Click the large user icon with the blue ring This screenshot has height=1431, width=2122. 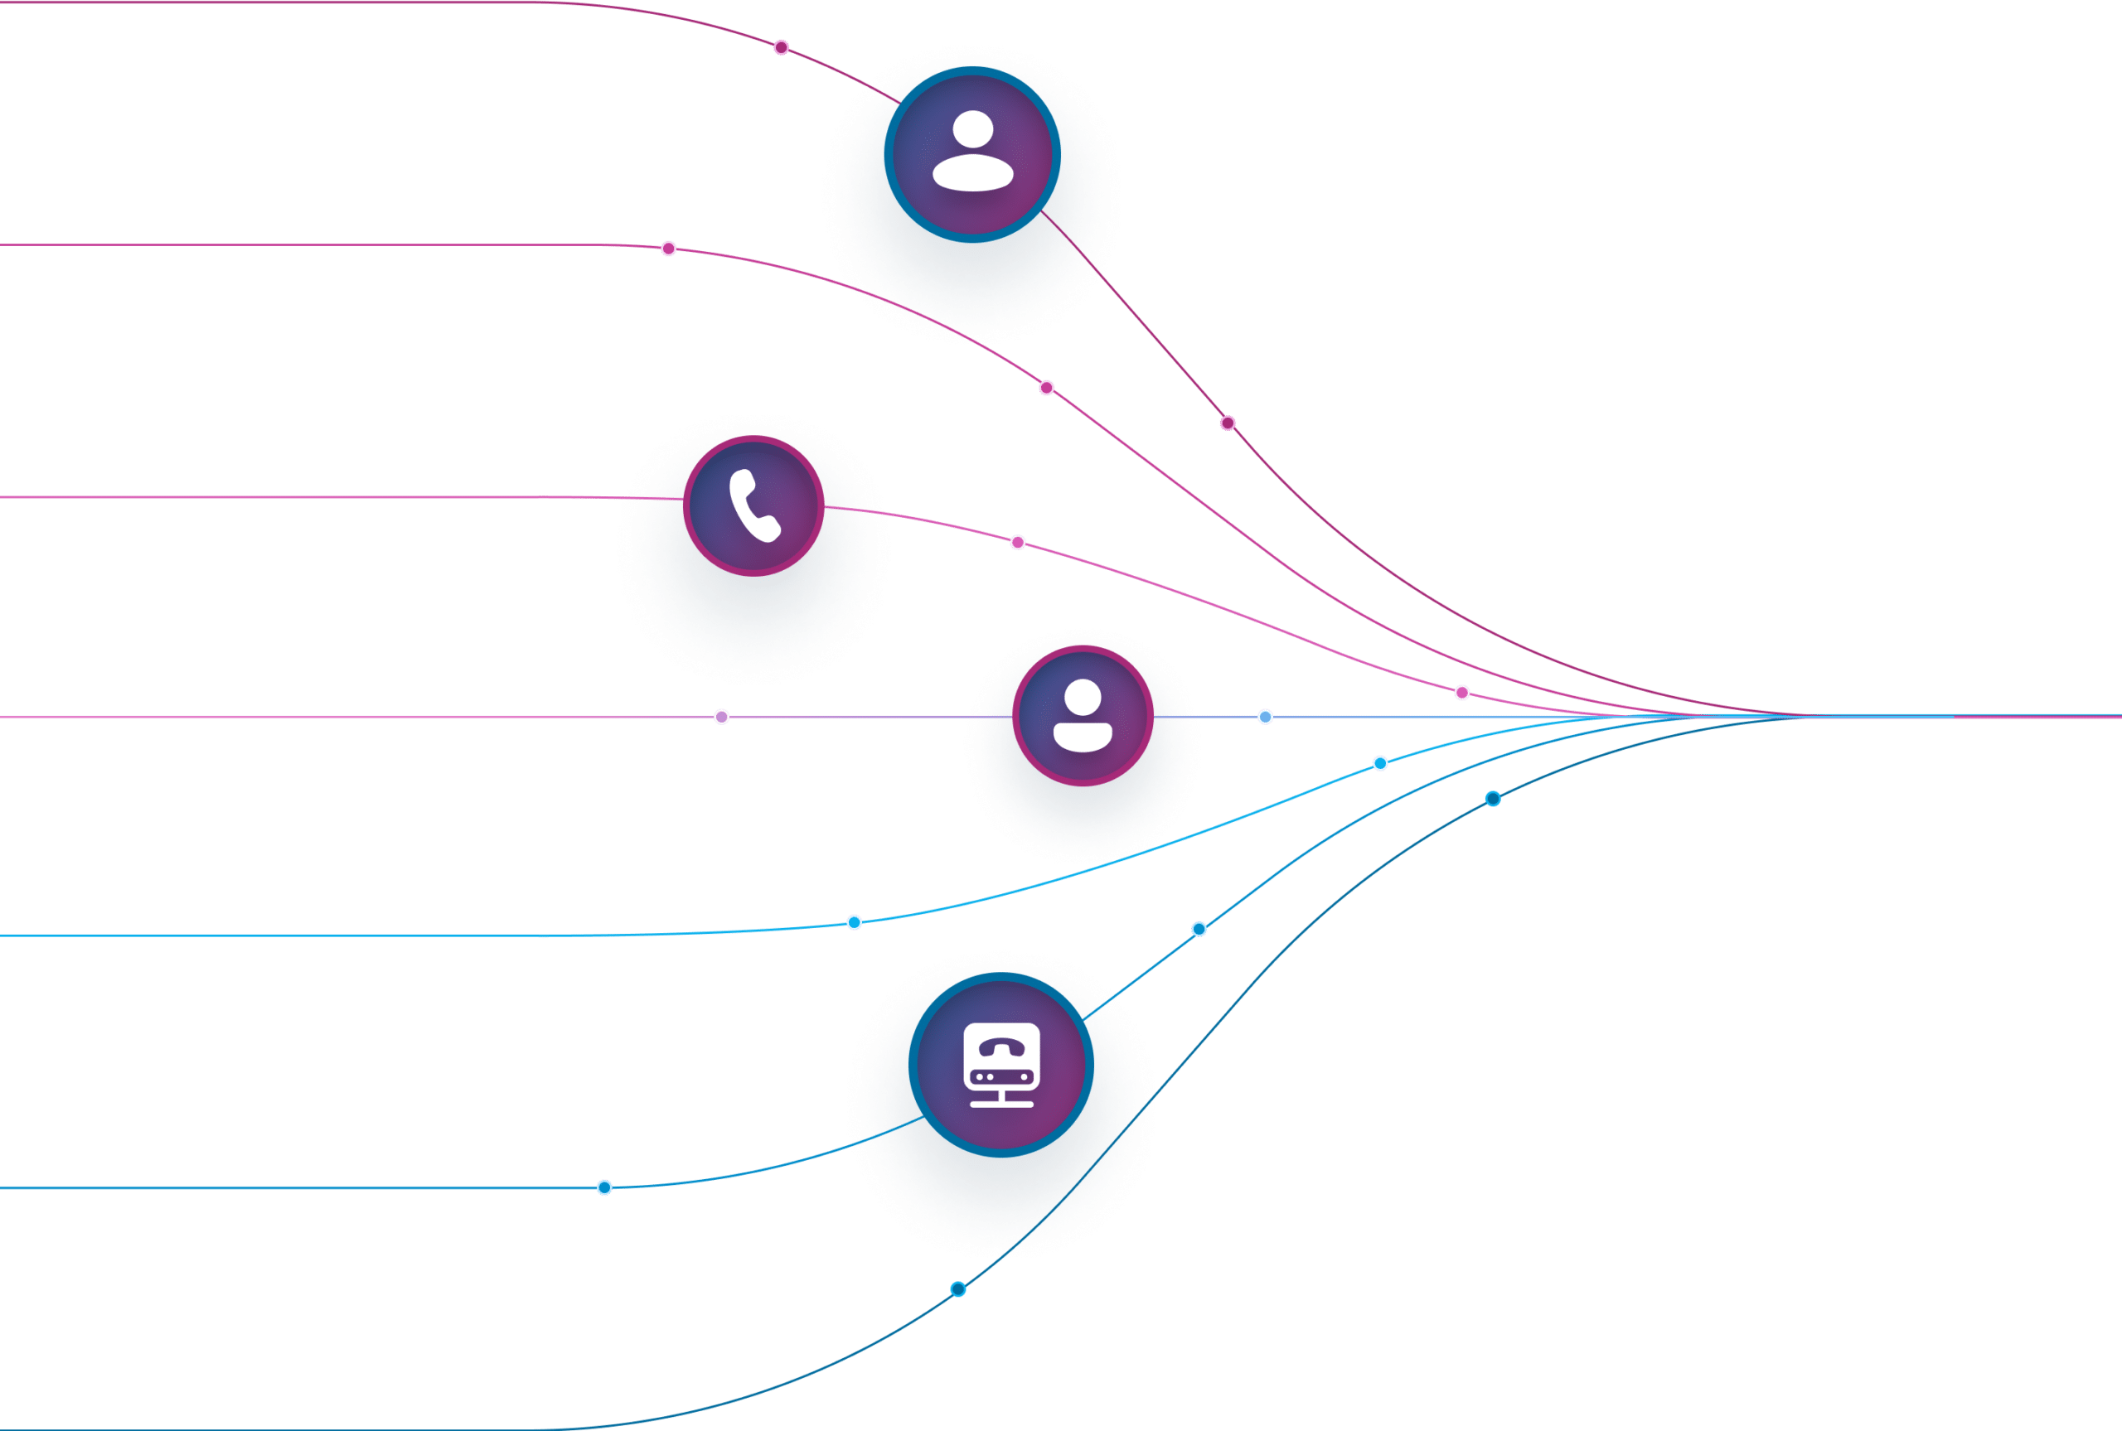(972, 154)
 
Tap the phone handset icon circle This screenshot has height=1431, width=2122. (753, 506)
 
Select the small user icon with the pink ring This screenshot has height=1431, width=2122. (1083, 717)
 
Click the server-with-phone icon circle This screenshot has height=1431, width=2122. (1001, 1065)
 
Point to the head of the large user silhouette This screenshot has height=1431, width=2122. (973, 128)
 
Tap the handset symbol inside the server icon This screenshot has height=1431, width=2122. (1002, 1047)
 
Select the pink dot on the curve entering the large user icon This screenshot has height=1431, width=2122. (782, 47)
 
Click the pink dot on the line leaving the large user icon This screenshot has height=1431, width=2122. (1228, 423)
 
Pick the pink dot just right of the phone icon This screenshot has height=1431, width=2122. (1018, 542)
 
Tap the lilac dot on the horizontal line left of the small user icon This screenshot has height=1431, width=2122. (721, 717)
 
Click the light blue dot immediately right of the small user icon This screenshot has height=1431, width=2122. (1265, 717)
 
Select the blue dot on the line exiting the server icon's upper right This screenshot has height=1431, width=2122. (1199, 929)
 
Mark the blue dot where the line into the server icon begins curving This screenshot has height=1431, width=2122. (604, 1187)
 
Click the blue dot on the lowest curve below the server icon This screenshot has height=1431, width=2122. (957, 1288)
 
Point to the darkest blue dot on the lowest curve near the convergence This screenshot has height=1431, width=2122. (1493, 799)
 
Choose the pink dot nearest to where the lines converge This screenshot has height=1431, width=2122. (1462, 693)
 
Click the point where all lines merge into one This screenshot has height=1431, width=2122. (1803, 717)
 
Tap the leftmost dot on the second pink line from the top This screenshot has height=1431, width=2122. (668, 249)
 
